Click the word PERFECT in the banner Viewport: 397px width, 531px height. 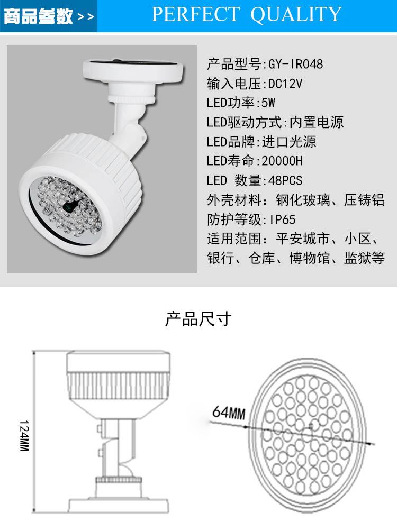[x=195, y=14]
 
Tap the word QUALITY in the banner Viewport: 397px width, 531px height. [x=295, y=15]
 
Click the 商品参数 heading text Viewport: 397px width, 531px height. [x=38, y=16]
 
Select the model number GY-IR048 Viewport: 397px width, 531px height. [x=295, y=64]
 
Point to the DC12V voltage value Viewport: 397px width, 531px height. [x=285, y=84]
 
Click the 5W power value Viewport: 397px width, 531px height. [x=268, y=103]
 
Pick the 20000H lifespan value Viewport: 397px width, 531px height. [x=282, y=161]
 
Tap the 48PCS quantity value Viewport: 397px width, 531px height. [x=285, y=180]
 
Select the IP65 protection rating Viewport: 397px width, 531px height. [x=283, y=219]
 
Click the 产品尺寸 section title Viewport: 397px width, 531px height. [x=198, y=319]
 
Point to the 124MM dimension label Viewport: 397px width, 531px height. [x=24, y=435]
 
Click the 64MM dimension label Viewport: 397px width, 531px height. [x=229, y=413]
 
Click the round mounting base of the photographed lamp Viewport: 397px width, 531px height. [x=133, y=70]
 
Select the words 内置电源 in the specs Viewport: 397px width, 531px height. [x=317, y=122]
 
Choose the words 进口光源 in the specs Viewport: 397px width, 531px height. [x=289, y=142]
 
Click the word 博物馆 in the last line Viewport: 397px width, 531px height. [x=310, y=258]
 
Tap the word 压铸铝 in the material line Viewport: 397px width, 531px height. [x=364, y=200]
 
